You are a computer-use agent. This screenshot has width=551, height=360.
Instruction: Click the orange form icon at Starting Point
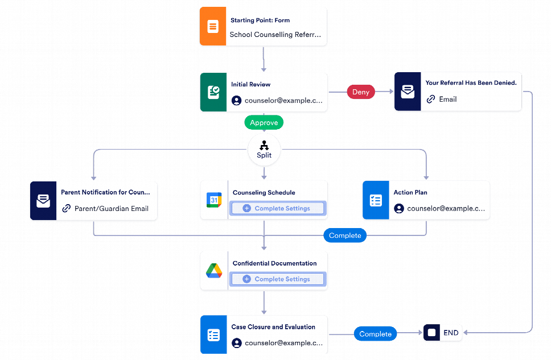(213, 26)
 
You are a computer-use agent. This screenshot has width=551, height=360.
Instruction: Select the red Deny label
(361, 92)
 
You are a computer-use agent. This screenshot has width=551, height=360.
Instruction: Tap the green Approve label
(264, 122)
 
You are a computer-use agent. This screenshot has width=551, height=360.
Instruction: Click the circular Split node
(264, 150)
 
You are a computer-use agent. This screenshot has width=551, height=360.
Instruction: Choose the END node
(443, 333)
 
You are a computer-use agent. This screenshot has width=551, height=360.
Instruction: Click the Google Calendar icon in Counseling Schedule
(213, 200)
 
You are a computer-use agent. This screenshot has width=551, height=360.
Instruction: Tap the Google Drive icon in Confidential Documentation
(213, 271)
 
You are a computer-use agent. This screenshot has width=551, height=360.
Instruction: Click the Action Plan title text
(410, 192)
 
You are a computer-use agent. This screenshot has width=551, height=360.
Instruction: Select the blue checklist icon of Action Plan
(376, 200)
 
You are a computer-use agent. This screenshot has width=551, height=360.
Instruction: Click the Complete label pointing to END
(376, 334)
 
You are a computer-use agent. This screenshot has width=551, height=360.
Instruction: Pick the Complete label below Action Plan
(345, 235)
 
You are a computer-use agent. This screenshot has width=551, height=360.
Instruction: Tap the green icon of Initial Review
(213, 92)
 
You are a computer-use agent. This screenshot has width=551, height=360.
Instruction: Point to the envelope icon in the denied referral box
(408, 92)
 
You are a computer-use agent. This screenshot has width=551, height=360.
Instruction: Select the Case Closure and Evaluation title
(273, 327)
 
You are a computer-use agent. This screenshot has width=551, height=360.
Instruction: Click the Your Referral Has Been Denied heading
(471, 83)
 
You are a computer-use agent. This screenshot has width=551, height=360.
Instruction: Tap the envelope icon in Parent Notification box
(43, 201)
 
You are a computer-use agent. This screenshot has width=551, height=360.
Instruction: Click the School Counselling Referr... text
(275, 35)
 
